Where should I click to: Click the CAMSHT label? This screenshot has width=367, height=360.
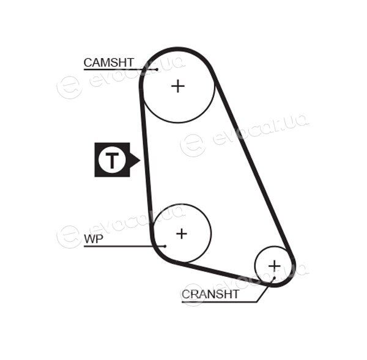tap(109, 63)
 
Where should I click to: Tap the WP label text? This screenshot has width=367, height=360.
tap(94, 239)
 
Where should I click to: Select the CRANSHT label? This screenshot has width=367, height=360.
tap(210, 294)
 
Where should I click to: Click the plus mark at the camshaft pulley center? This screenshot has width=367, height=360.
tap(178, 86)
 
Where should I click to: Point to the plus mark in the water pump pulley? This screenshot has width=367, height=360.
tap(182, 233)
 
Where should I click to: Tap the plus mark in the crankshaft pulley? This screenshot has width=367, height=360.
tap(274, 266)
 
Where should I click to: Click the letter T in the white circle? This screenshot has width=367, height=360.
tap(112, 160)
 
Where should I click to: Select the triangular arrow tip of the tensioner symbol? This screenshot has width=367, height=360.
tap(139, 160)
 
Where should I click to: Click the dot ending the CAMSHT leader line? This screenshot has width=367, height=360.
tap(157, 69)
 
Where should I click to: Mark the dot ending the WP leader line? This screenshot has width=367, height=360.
tap(165, 246)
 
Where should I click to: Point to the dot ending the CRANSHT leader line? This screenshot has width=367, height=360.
tap(274, 277)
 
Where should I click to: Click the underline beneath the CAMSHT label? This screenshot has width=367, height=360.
tap(120, 70)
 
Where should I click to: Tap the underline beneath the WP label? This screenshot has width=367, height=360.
tap(124, 246)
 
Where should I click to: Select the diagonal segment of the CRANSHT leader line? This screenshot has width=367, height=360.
tap(265, 290)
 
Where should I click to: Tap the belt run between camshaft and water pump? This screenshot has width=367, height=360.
tap(146, 155)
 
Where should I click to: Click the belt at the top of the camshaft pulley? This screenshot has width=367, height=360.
tap(177, 50)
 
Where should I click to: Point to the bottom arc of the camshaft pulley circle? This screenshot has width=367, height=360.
tap(178, 122)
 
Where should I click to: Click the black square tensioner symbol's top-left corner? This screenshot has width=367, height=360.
tap(95, 142)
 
